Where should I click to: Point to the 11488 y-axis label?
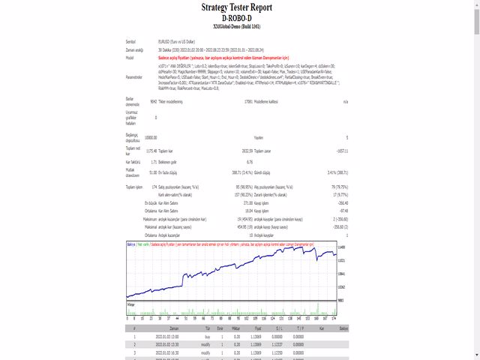point(340,247)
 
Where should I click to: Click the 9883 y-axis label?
point(340,299)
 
